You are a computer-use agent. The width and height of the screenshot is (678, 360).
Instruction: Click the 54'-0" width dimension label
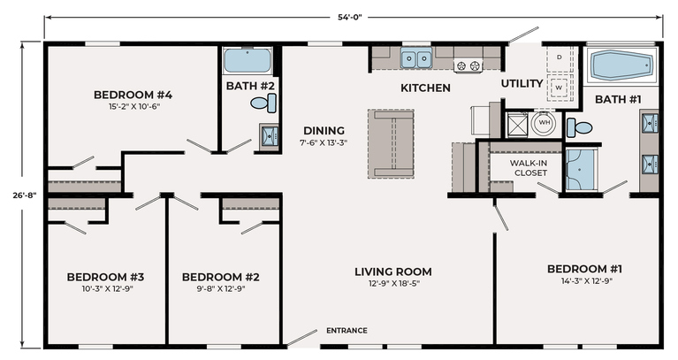350,18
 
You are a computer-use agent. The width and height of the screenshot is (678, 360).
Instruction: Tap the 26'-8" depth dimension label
25,195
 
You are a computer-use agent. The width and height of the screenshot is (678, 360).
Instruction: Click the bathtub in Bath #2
248,60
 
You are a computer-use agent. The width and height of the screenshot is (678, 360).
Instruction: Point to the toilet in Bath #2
263,103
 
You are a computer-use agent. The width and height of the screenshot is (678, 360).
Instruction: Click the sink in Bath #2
269,137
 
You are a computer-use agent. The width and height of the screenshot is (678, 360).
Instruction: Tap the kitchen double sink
416,59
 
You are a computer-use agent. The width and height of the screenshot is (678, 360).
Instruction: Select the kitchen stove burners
468,66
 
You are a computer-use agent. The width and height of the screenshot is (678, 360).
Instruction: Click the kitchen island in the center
391,143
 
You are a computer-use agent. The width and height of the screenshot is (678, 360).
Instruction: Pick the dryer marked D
559,57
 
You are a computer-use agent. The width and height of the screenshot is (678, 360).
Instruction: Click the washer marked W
559,88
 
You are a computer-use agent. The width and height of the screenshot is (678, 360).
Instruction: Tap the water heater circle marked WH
545,122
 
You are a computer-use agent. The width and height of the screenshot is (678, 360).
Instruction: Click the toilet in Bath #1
579,127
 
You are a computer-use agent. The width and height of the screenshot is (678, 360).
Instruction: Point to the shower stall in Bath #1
582,170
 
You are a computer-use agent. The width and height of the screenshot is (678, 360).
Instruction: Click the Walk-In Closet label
529,168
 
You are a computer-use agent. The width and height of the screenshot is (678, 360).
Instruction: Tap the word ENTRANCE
347,331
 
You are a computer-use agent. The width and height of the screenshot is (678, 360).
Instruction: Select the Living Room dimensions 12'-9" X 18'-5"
393,283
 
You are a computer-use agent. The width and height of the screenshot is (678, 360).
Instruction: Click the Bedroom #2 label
220,277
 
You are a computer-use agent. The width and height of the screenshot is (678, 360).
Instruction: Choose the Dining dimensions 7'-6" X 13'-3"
324,142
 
